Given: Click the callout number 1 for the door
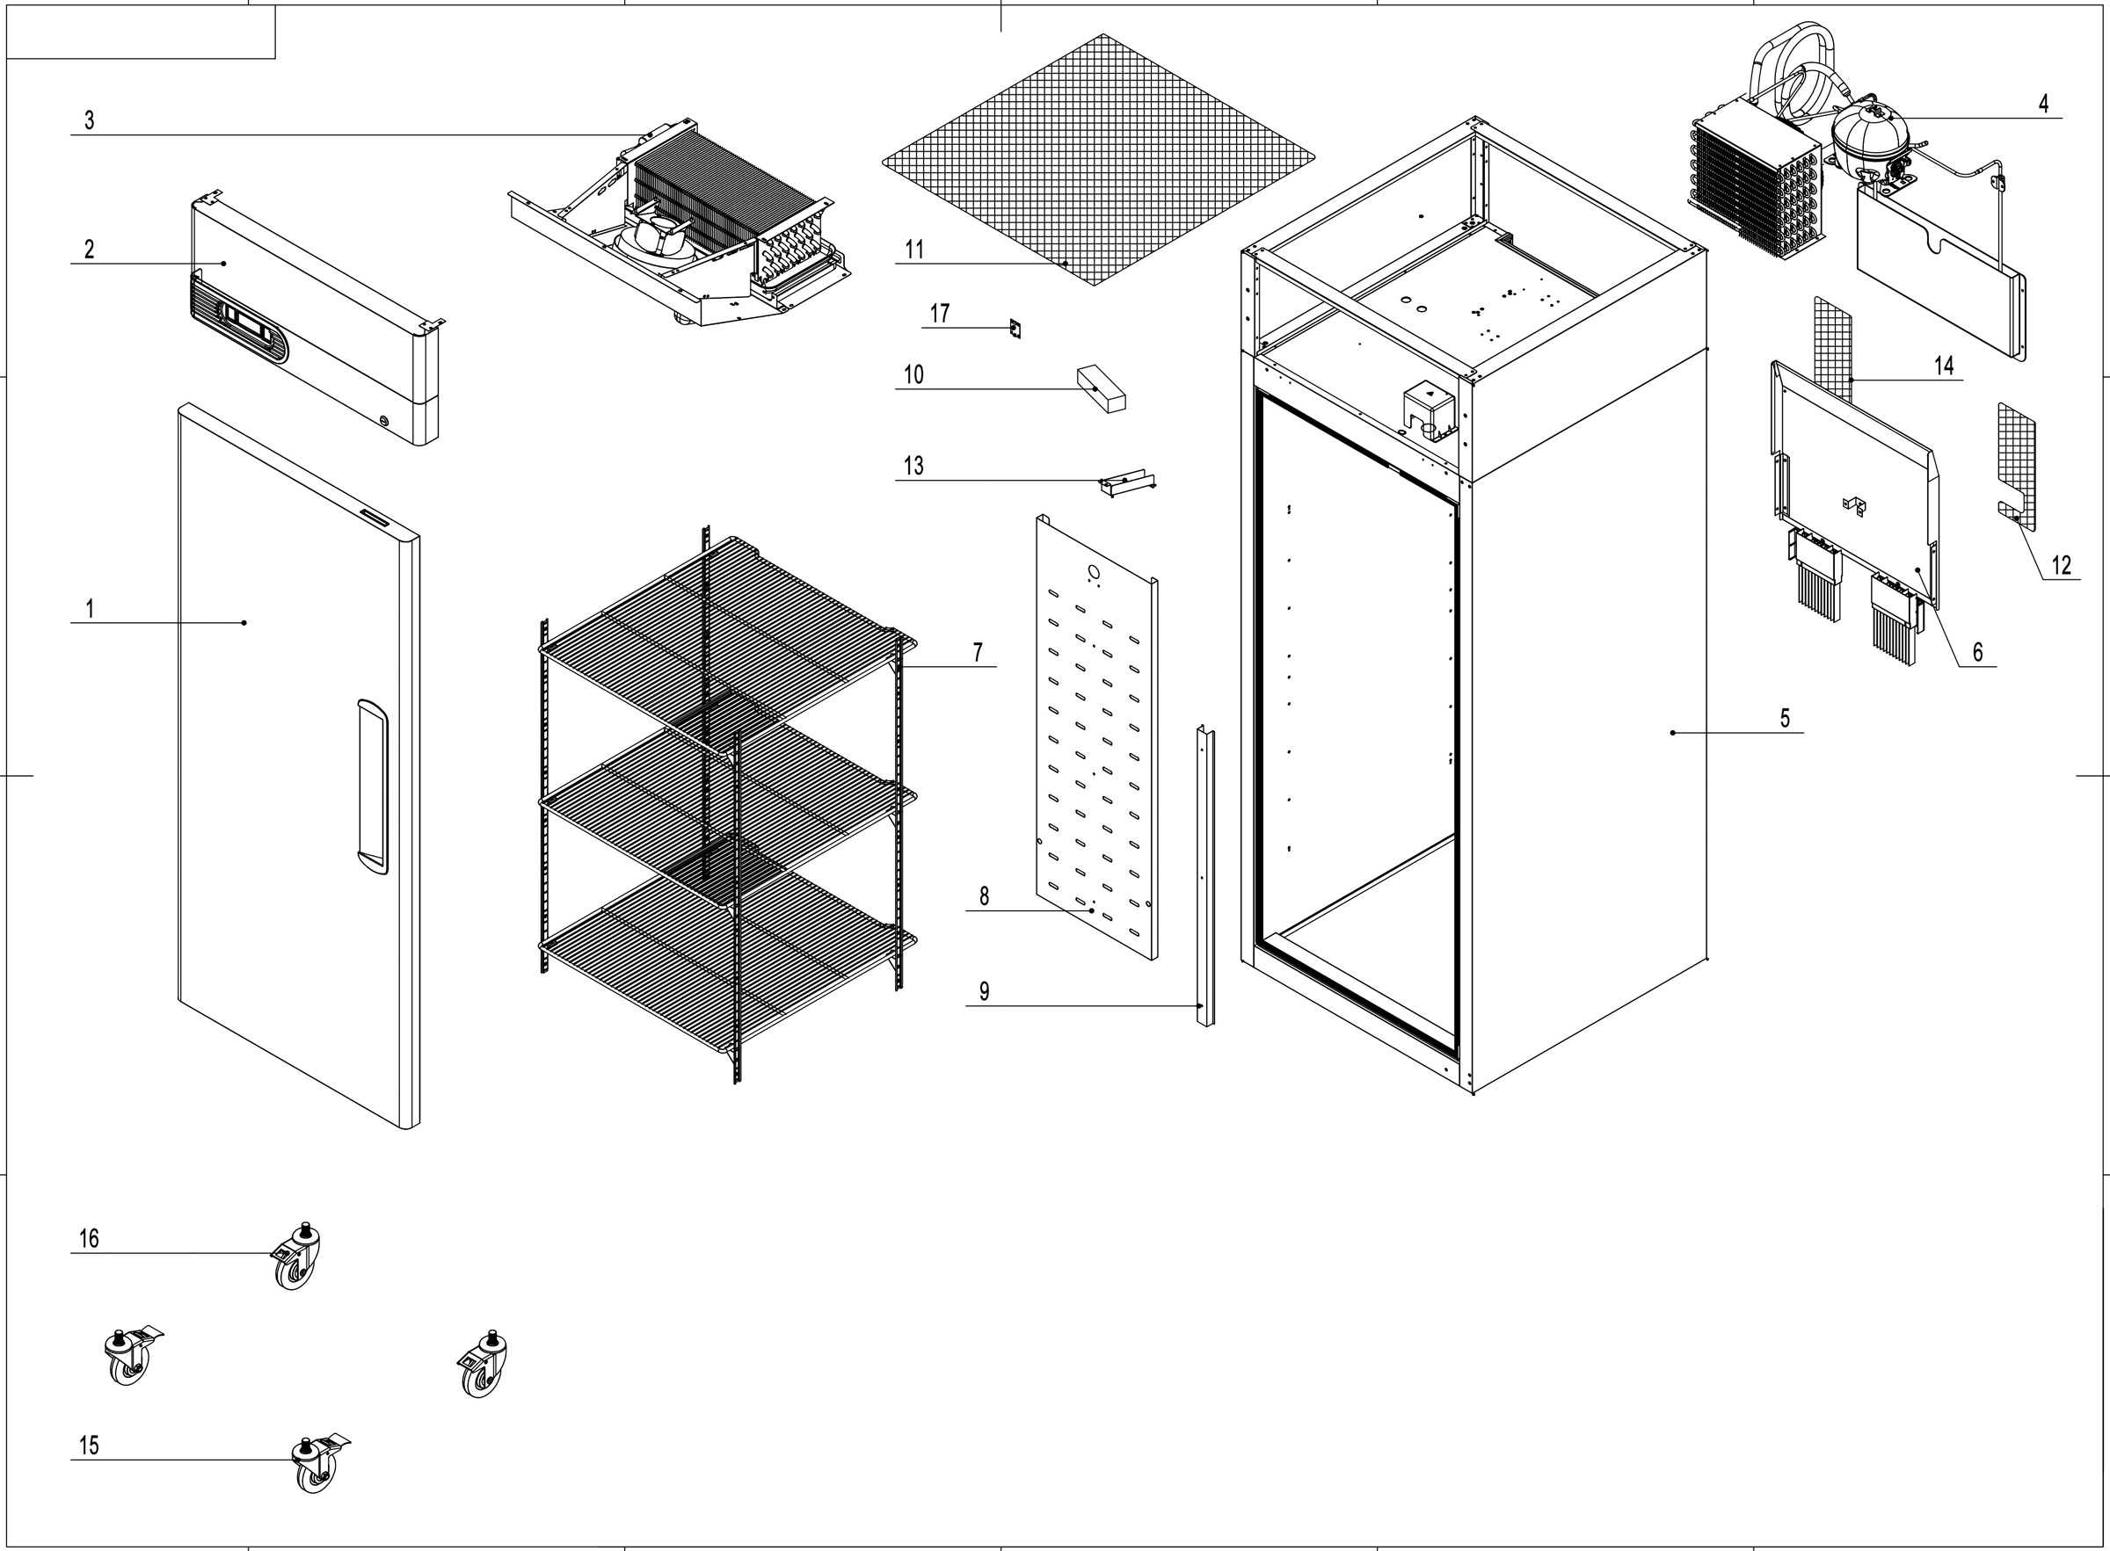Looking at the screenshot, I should click(91, 608).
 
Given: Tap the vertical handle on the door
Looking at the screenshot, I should click(372, 787).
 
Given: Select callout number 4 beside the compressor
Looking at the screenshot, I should click(2043, 105).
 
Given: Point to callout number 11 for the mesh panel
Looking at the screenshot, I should click(913, 250).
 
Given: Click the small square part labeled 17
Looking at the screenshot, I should click(1015, 329).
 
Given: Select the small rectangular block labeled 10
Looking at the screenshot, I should click(1101, 389).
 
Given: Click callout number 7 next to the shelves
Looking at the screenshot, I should click(978, 651).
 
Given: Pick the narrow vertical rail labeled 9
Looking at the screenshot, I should click(1205, 873).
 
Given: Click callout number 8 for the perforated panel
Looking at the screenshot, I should click(984, 895).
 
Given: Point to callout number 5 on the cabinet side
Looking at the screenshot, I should click(1785, 718).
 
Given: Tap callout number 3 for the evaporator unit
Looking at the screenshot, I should click(89, 120).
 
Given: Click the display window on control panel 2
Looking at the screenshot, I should click(249, 325).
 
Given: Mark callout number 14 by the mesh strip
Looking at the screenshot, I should click(1944, 366).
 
